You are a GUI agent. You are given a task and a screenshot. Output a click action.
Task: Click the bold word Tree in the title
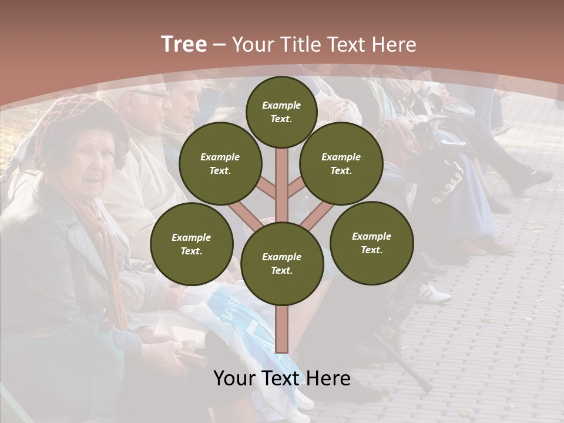(x=184, y=45)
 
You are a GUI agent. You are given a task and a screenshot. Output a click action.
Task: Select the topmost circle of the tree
(x=281, y=112)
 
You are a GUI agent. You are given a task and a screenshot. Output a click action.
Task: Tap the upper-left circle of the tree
(x=220, y=163)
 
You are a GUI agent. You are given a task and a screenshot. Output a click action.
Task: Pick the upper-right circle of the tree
(x=341, y=163)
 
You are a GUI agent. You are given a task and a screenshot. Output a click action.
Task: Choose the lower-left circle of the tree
(x=191, y=244)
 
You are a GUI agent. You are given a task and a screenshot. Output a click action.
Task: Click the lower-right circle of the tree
(x=371, y=243)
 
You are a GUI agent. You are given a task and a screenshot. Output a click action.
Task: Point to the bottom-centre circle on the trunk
(x=281, y=263)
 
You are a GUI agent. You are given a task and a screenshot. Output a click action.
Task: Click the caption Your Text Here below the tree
(x=281, y=378)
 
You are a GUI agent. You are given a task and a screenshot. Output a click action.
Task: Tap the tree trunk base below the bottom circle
(x=281, y=329)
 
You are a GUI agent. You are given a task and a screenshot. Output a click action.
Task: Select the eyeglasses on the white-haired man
(x=150, y=94)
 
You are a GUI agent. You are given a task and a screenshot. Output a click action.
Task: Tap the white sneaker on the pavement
(x=435, y=293)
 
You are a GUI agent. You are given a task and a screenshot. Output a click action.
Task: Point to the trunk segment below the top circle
(x=281, y=176)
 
